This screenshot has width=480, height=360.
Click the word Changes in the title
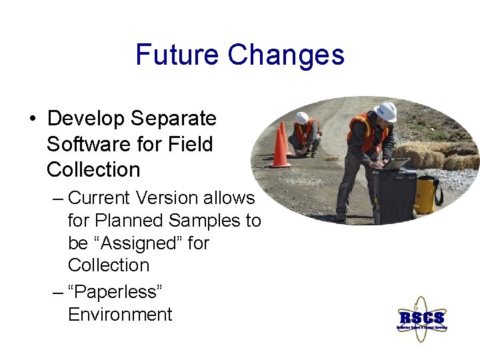point(286,55)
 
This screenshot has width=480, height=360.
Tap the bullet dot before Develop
point(32,119)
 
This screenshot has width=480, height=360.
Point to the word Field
point(190,144)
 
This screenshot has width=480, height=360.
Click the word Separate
point(173,119)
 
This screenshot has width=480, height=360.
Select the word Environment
point(120,314)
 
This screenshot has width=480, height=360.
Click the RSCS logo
point(421,318)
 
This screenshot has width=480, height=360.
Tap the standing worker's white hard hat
point(386,111)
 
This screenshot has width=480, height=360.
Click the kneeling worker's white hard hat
point(302,117)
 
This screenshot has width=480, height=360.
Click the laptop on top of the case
point(397,163)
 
